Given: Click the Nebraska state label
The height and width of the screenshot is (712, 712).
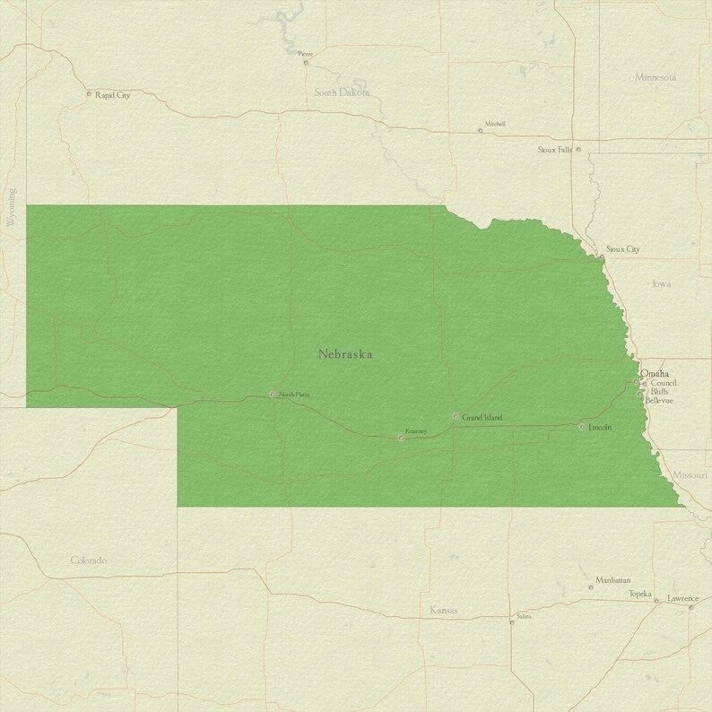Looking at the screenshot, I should pyautogui.click(x=345, y=354).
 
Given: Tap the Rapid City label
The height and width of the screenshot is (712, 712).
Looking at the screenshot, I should pyautogui.click(x=112, y=94).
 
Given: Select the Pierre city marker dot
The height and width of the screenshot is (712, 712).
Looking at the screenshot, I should pyautogui.click(x=305, y=62).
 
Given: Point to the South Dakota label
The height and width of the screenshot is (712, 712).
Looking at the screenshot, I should pyautogui.click(x=341, y=92).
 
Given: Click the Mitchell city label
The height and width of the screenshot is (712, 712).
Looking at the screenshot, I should pyautogui.click(x=495, y=124).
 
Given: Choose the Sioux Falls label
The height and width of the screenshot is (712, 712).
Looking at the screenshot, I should pyautogui.click(x=554, y=150).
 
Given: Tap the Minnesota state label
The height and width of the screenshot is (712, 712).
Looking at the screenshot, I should pyautogui.click(x=656, y=77).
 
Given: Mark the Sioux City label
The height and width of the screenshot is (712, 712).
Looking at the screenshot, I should pyautogui.click(x=622, y=248).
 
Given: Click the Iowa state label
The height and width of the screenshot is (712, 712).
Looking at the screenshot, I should pyautogui.click(x=662, y=283).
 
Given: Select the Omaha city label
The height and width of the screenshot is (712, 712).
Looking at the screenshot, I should pyautogui.click(x=655, y=373).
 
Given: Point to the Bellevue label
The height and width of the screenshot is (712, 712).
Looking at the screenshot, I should pyautogui.click(x=658, y=400).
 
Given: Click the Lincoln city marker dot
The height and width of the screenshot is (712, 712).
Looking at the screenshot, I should pyautogui.click(x=581, y=427).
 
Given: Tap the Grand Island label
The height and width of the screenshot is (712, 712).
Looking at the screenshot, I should pyautogui.click(x=482, y=417).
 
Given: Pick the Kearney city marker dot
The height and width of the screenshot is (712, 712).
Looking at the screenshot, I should pyautogui.click(x=400, y=438).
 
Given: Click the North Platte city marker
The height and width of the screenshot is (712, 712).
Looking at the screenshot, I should pyautogui.click(x=272, y=394).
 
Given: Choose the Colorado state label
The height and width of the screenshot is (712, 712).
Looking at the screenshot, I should pyautogui.click(x=89, y=560).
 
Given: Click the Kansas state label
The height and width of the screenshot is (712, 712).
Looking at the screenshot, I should pyautogui.click(x=443, y=611).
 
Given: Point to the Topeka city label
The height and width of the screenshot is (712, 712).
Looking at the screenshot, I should pyautogui.click(x=639, y=594).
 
